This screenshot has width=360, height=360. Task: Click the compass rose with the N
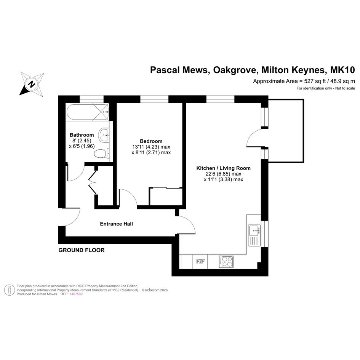point(32,84)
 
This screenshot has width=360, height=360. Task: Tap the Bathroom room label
point(82,135)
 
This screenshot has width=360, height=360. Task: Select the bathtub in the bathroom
point(88,112)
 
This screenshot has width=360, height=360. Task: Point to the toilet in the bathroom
point(101,153)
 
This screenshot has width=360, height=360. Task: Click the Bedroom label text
point(151,141)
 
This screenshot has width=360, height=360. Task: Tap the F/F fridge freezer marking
point(200,261)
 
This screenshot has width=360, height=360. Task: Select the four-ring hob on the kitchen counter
point(226,261)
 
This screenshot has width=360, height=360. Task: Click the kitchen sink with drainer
point(254,235)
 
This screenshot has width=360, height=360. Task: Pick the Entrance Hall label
point(117,224)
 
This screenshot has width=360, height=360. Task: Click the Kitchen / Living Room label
point(223,168)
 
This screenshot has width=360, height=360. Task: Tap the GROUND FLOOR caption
point(82,250)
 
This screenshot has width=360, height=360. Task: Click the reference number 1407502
point(76,294)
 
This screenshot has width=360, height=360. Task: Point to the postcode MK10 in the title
point(342,70)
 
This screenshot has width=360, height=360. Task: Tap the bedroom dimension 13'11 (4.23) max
point(151,147)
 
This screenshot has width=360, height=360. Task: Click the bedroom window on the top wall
point(154,99)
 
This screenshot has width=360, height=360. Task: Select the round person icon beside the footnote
point(10,290)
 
